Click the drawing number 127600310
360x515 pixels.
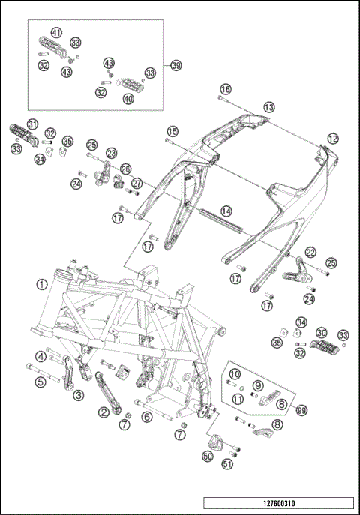click(x=279, y=503)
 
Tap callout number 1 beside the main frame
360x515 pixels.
click(x=42, y=284)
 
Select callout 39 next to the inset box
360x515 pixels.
click(x=176, y=65)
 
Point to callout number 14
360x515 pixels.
click(x=226, y=211)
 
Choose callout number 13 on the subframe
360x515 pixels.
click(x=268, y=107)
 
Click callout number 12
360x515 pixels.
click(x=333, y=139)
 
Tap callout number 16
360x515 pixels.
click(x=226, y=89)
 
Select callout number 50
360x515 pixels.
click(x=208, y=456)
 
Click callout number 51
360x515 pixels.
click(x=228, y=464)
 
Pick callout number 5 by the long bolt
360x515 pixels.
click(x=40, y=382)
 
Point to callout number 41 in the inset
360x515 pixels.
click(x=56, y=32)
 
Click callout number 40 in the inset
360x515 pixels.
click(x=128, y=98)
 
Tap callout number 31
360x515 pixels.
click(x=32, y=124)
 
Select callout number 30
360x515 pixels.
click(x=321, y=333)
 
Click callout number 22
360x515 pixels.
click(x=310, y=252)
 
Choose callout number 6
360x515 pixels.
click(x=147, y=417)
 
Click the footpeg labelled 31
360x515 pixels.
click(x=24, y=134)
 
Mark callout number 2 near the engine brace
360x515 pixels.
click(x=103, y=412)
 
